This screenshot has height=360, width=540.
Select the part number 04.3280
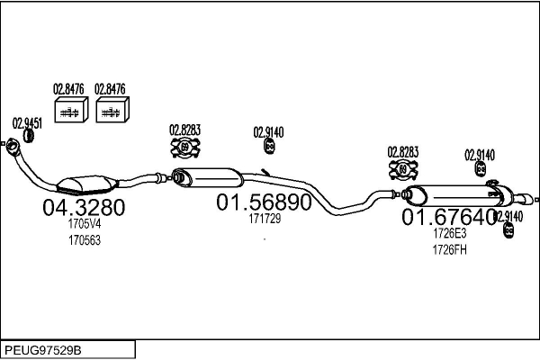click(x=84, y=209)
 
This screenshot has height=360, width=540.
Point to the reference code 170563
click(x=85, y=240)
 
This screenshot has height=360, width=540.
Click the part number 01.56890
click(x=263, y=202)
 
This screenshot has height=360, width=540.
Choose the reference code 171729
click(x=264, y=219)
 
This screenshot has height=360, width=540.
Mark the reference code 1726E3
click(x=449, y=233)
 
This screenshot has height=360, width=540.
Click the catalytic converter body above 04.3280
click(x=84, y=184)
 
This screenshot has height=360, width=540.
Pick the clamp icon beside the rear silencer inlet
click(x=403, y=169)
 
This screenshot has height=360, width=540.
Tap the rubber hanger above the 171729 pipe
click(x=268, y=147)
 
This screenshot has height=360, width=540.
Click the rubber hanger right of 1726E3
click(x=508, y=229)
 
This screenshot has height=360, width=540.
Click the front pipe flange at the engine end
click(x=14, y=144)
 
